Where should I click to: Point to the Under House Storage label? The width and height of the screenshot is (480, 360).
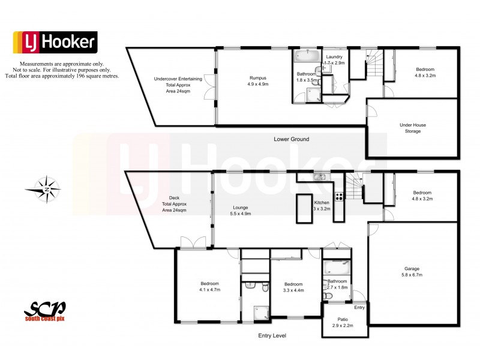410,128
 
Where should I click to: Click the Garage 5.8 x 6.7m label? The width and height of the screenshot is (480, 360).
412,272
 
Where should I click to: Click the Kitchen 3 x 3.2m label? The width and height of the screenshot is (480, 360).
322,206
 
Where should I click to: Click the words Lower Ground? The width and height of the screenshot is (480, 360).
291,139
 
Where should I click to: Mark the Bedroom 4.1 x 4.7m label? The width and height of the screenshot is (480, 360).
209,287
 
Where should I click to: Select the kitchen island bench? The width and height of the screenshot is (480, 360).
305,208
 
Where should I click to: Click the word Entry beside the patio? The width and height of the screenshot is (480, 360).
359,308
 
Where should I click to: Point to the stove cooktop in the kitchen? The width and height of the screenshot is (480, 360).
340,195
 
